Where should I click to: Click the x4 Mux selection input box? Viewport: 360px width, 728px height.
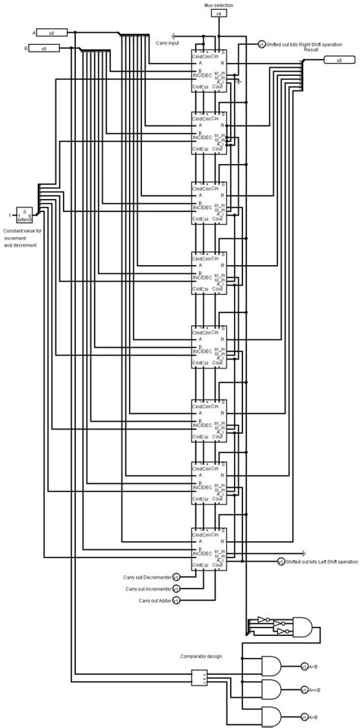(x=219, y=14)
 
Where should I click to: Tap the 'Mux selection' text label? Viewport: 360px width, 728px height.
(x=219, y=5)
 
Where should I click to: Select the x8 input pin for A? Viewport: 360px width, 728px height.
(x=52, y=33)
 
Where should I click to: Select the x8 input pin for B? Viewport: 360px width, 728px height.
(x=52, y=49)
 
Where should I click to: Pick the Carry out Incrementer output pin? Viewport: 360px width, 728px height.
(x=176, y=588)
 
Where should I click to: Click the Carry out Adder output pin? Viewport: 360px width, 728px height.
(x=176, y=600)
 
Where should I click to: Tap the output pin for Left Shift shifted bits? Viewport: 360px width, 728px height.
(x=281, y=562)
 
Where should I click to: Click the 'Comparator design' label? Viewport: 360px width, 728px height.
(x=201, y=655)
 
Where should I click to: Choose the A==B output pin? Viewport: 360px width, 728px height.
(x=304, y=691)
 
